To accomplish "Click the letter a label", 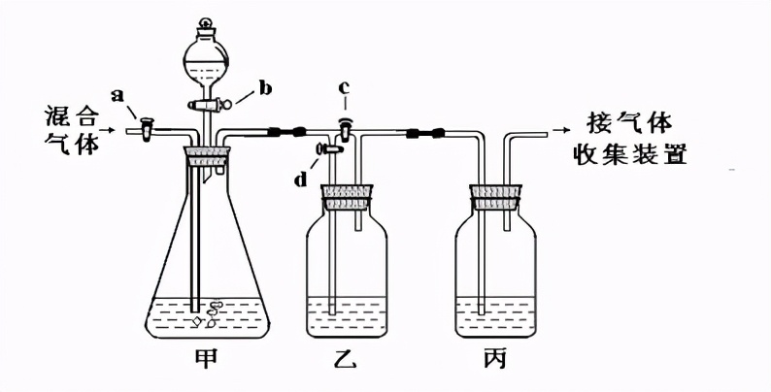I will pyautogui.click(x=118, y=95).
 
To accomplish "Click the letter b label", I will pyautogui.click(x=265, y=88).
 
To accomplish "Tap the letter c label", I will pyautogui.click(x=344, y=89).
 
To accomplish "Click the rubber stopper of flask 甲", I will pyautogui.click(x=207, y=153).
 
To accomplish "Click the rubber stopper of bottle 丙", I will pyautogui.click(x=495, y=196).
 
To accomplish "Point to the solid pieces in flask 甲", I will pyautogui.click(x=208, y=312).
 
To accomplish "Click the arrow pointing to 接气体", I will pyautogui.click(x=561, y=126).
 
